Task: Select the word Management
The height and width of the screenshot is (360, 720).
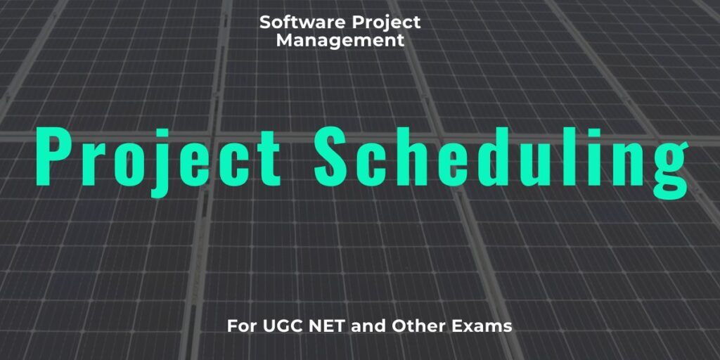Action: coord(340,41)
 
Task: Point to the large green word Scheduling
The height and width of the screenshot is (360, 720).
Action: coord(500,156)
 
